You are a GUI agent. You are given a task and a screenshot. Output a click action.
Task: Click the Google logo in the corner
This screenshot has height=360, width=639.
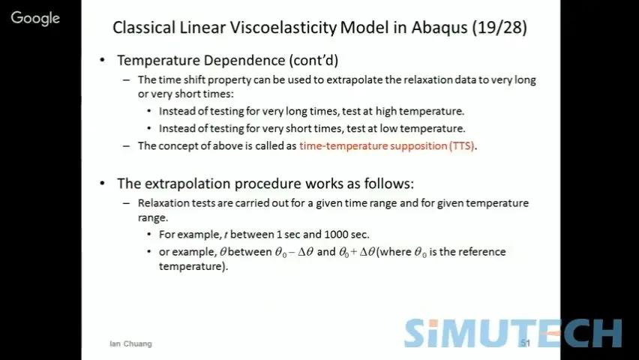tap(35, 18)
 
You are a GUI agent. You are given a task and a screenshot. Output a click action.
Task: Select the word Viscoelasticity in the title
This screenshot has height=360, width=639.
tap(283, 28)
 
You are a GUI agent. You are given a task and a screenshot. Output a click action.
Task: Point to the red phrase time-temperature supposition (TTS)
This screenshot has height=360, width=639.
tap(387, 146)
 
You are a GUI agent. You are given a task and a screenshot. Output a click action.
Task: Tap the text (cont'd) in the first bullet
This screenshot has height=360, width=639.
tap(313, 60)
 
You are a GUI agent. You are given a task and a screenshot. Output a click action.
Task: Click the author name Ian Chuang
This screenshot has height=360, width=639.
tap(130, 343)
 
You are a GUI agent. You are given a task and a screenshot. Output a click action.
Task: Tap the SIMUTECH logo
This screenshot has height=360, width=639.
tap(513, 333)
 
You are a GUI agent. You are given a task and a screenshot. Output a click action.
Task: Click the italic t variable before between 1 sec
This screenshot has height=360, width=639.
tap(226, 235)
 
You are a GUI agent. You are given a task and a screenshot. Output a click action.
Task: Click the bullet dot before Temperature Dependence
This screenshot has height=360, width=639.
tap(102, 60)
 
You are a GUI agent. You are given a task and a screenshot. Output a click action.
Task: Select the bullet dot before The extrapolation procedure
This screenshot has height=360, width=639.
tap(102, 184)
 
